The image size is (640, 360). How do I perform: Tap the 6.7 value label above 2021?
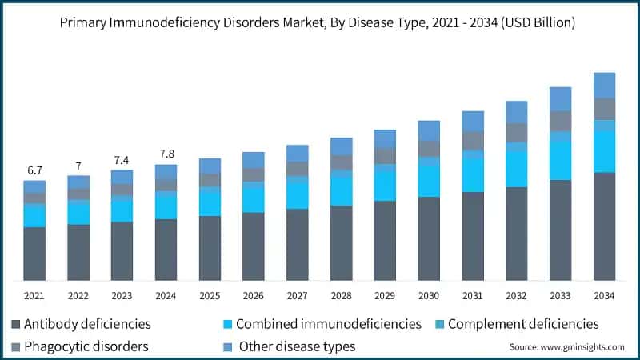pos(34,171)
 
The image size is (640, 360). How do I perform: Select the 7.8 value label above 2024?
pos(166,154)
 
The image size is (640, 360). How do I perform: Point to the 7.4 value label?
pos(122,161)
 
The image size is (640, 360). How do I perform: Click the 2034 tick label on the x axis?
pos(604,296)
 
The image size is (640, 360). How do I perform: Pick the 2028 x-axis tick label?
pos(341,296)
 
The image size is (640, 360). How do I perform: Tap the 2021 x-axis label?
pos(34,296)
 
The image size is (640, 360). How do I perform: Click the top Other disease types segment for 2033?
pos(560,98)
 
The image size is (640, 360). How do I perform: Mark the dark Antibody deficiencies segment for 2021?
pos(34,254)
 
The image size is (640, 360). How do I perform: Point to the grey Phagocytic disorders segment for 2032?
pos(516,132)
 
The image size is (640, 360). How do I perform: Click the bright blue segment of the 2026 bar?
pos(254,197)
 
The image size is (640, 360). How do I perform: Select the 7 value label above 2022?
pos(78,166)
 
